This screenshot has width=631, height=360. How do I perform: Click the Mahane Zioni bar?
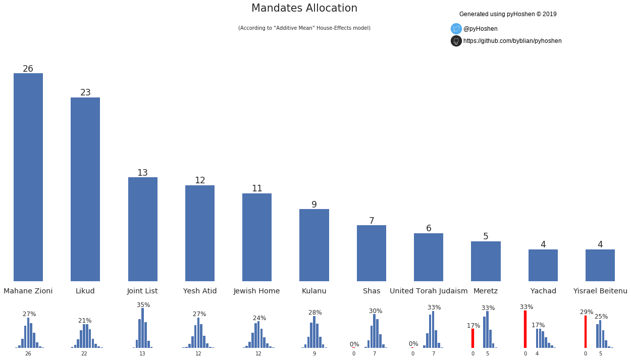click(x=28, y=177)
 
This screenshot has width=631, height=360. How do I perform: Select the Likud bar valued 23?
click(x=85, y=189)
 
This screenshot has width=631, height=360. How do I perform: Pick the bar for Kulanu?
click(x=314, y=245)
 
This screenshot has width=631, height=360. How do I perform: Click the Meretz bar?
click(x=486, y=261)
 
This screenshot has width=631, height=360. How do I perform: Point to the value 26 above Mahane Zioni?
click(x=28, y=69)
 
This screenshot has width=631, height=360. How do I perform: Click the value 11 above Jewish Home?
click(x=257, y=188)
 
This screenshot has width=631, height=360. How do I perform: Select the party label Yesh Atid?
click(x=200, y=291)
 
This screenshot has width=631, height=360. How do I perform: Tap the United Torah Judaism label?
click(x=429, y=291)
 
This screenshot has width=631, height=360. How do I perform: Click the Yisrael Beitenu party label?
click(x=600, y=291)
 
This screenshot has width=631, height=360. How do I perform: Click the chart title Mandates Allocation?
click(x=304, y=9)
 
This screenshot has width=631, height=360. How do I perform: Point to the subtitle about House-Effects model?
click(x=304, y=28)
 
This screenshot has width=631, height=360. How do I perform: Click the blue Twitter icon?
click(x=456, y=29)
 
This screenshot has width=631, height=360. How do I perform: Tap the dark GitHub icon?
click(x=456, y=41)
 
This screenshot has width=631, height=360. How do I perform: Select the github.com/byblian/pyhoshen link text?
click(x=512, y=41)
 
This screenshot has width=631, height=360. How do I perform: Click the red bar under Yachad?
click(x=525, y=329)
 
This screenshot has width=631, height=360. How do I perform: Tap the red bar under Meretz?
click(x=472, y=338)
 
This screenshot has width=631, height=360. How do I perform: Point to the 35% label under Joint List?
click(x=143, y=305)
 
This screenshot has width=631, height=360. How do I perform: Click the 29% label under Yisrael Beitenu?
click(x=587, y=312)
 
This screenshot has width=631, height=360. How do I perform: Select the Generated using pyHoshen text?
click(x=508, y=14)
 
